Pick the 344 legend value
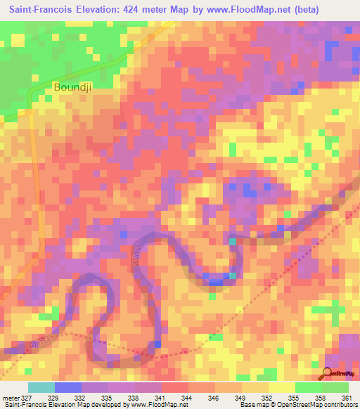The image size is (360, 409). click(186, 398)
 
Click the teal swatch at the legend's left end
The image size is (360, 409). click(41, 387)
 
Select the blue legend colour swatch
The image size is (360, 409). click(67, 387)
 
